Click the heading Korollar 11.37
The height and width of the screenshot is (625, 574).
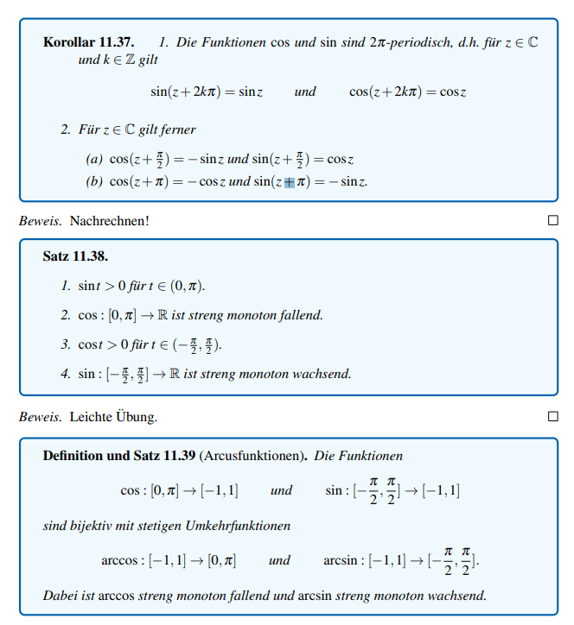88,42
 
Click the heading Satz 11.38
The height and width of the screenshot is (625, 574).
75,256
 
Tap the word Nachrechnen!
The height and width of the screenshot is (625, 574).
110,221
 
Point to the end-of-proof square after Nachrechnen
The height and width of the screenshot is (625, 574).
553,221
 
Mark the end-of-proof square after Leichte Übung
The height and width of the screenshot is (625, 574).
553,417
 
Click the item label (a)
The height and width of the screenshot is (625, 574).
93,159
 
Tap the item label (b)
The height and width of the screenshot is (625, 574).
93,182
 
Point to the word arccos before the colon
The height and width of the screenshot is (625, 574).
119,560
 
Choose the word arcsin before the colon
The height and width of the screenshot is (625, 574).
341,560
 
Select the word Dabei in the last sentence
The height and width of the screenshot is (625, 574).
59,596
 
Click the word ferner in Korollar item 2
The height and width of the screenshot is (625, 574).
177,129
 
